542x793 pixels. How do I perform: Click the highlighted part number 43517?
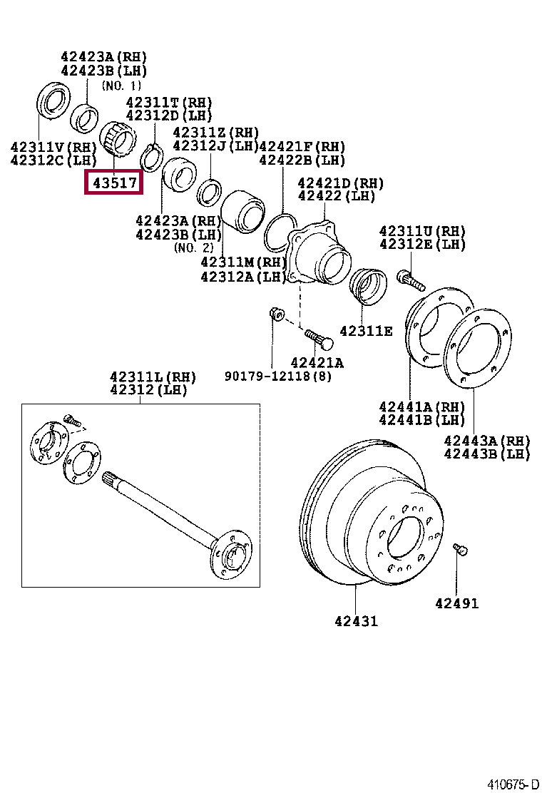[x=113, y=183]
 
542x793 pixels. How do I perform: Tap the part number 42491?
[x=456, y=604]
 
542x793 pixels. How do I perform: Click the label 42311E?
[x=366, y=331]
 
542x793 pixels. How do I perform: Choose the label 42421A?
[x=317, y=363]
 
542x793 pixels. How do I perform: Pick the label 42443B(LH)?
[x=487, y=454]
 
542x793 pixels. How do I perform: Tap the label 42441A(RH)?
[x=422, y=407]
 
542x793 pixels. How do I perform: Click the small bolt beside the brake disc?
[x=460, y=549]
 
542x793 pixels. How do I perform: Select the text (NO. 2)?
[x=193, y=247]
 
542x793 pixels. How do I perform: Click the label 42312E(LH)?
[x=422, y=245]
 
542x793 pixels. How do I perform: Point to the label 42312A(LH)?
[x=244, y=276]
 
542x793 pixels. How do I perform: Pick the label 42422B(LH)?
[x=302, y=160]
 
